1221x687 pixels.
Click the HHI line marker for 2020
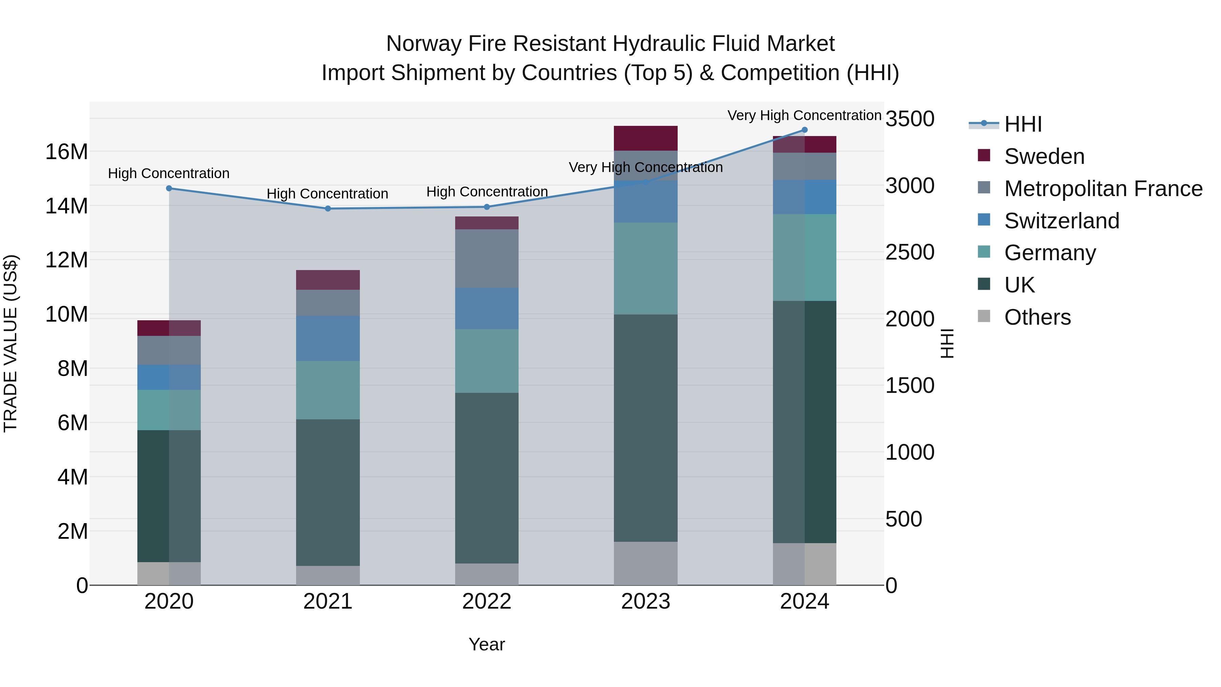coord(169,188)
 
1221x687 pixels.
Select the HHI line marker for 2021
coord(328,209)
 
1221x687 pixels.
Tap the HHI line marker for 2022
coord(487,207)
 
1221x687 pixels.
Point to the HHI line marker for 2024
coord(805,130)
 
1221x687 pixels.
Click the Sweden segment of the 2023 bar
coord(645,138)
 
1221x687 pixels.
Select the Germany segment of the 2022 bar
coord(487,361)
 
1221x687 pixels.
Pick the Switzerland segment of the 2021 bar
coord(328,339)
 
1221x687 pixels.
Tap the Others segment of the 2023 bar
coord(645,563)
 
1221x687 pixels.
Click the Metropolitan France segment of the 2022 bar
coord(487,259)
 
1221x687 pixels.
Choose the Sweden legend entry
coord(1044,156)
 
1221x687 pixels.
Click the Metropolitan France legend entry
coord(1103,189)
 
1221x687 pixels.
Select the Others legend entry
coord(1037,317)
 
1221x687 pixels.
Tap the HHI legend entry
coord(1023,124)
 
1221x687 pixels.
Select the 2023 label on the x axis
coord(645,602)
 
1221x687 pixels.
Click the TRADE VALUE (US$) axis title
coord(11,343)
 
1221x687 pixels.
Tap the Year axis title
coord(487,644)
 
